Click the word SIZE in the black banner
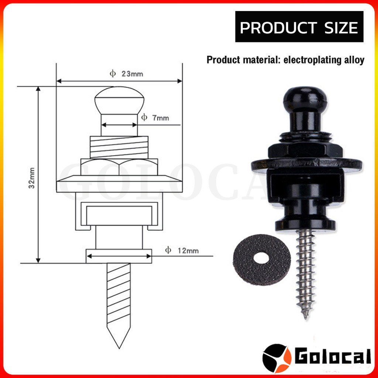[x=341, y=27]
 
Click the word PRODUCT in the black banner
[x=278, y=27]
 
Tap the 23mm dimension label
[x=132, y=74]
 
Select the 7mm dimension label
[x=161, y=118]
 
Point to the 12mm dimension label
[x=188, y=251]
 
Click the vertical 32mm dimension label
[x=32, y=178]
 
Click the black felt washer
[x=262, y=260]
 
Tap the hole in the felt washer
[x=262, y=258]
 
